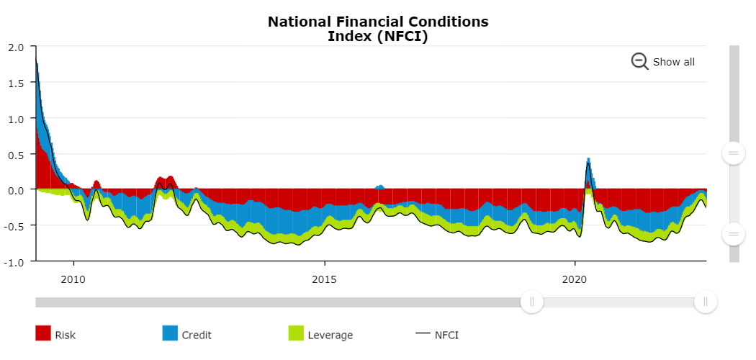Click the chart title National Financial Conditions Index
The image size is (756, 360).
[378, 29]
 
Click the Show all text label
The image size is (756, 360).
[673, 62]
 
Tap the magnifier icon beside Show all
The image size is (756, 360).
[639, 61]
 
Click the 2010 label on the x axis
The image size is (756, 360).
[73, 279]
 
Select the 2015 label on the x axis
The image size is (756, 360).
[325, 279]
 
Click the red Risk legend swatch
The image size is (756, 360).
[43, 333]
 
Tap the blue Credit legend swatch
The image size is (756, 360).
[170, 333]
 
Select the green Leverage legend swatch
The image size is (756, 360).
[296, 333]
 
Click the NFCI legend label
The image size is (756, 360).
[446, 335]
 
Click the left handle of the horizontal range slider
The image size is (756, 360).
[532, 302]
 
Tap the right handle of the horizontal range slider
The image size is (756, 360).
[705, 302]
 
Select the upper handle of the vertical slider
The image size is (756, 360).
[734, 153]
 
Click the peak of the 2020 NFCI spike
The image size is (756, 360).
[588, 163]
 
